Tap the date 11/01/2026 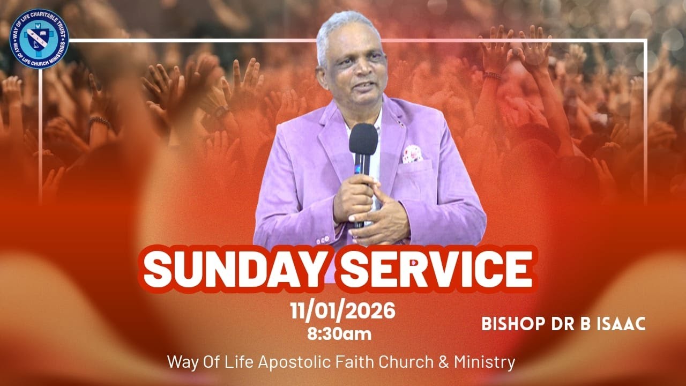(x=343, y=310)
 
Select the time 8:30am (x=339, y=334)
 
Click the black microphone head (x=363, y=140)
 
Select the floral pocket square (x=412, y=154)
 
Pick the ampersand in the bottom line (x=444, y=362)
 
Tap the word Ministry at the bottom (x=484, y=362)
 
